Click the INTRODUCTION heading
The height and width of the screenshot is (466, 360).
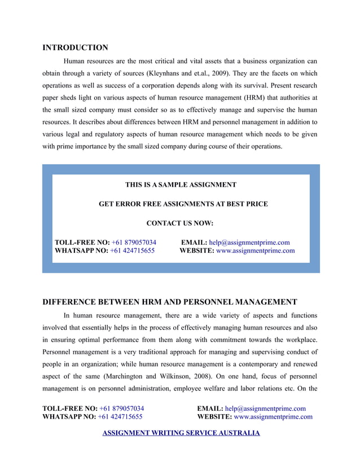[x=75, y=47]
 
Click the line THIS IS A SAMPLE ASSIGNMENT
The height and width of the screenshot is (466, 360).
[x=181, y=184]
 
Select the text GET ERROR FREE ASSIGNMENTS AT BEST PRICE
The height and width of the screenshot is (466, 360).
[x=183, y=204]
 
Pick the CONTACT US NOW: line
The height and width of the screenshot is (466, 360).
[x=180, y=223]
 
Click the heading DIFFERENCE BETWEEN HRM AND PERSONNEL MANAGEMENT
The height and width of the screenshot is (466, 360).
[x=170, y=302]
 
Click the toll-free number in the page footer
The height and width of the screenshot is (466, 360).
[x=121, y=408]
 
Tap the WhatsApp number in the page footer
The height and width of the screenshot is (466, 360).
[x=120, y=417]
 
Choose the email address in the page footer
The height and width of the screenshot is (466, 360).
[x=265, y=408]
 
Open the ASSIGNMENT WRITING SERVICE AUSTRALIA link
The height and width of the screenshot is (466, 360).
[x=181, y=433]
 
